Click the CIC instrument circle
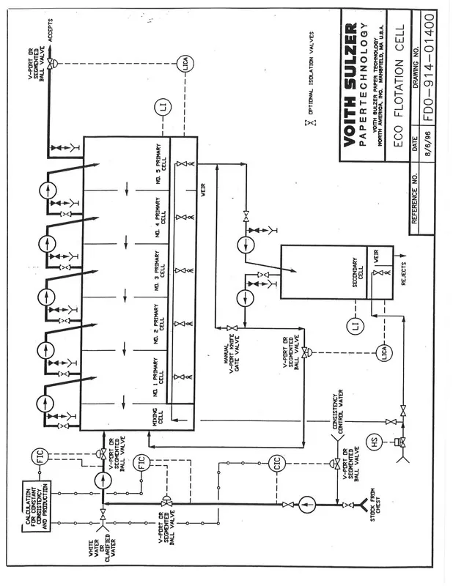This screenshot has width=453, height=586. pyautogui.click(x=279, y=463)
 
